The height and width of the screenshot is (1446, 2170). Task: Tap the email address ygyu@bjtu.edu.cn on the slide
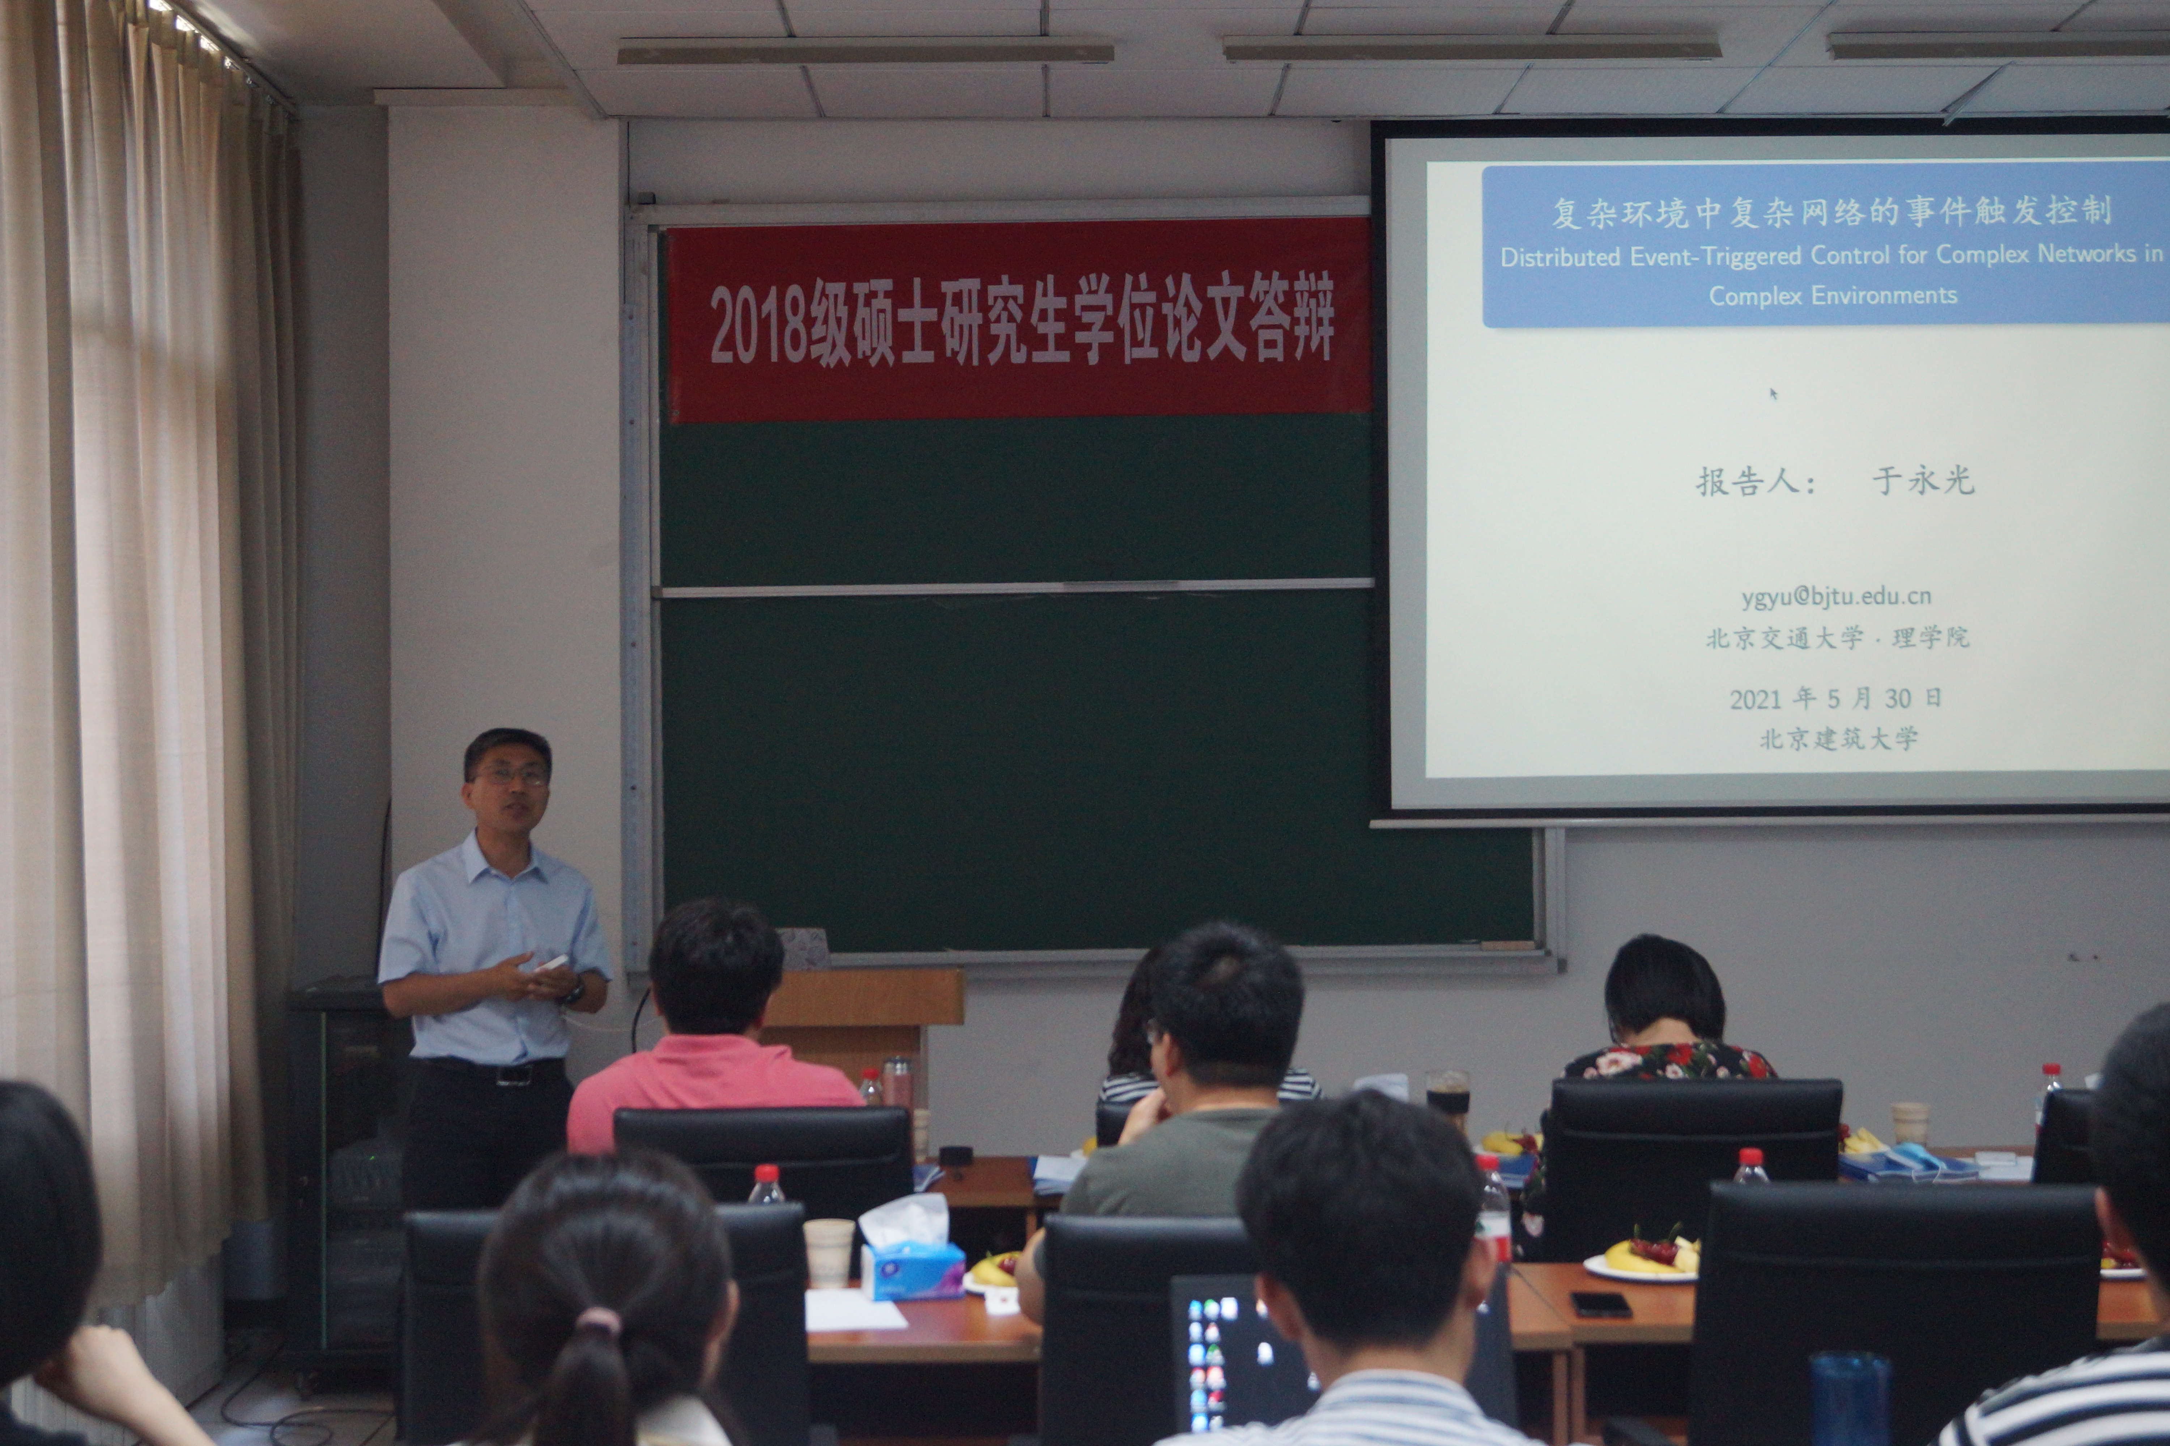point(1836,597)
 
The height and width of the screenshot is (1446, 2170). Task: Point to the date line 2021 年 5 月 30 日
point(1836,698)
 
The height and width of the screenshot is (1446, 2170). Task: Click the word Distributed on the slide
point(1560,256)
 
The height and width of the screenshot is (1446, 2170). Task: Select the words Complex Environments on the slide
point(1832,295)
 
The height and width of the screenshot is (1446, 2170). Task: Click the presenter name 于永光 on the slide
point(1924,480)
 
